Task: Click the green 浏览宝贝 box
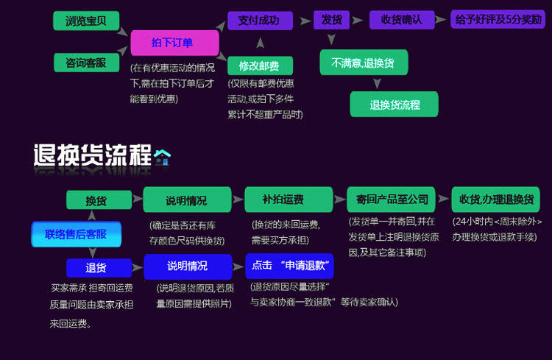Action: pos(86,21)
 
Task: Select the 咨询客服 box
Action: pos(86,63)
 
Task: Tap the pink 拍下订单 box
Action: pos(174,43)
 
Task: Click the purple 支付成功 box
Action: pos(260,21)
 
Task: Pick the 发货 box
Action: pos(331,20)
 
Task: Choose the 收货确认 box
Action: pos(402,20)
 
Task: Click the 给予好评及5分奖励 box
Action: pos(498,19)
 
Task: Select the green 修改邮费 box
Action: pos(260,66)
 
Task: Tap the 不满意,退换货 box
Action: pos(364,63)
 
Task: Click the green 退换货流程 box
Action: pos(394,105)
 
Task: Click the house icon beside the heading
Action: pos(163,157)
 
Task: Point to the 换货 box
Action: pos(99,200)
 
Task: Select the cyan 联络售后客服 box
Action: pos(77,234)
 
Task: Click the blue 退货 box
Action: pos(99,268)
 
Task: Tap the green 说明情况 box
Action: pos(187,200)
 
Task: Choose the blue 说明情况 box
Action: pos(188,267)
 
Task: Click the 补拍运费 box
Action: pos(289,200)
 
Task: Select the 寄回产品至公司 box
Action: pos(391,200)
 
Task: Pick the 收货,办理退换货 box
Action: pos(495,200)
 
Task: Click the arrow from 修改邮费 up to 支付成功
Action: pos(260,43)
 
